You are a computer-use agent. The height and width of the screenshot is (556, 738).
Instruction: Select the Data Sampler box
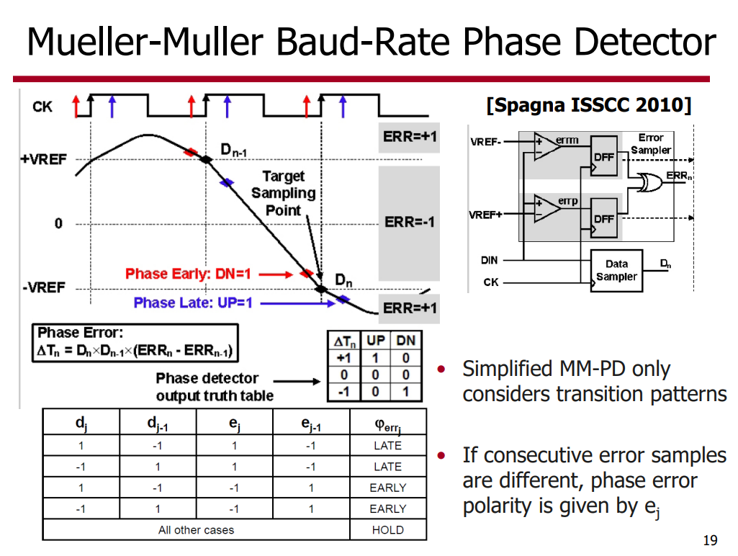click(616, 271)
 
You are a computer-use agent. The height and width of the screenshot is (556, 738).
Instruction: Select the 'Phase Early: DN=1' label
click(188, 274)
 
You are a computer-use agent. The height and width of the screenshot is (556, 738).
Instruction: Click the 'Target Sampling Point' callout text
click(284, 193)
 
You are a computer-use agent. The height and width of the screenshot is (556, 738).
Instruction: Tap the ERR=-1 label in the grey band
click(409, 222)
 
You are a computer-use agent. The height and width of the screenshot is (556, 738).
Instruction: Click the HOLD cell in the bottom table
click(388, 530)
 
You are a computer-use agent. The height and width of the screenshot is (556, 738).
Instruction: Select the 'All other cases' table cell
click(196, 530)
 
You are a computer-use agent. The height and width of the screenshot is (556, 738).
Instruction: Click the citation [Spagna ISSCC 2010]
click(589, 106)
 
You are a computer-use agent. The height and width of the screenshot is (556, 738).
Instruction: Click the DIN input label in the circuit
click(490, 260)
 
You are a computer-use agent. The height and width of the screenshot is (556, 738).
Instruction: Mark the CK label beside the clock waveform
click(42, 107)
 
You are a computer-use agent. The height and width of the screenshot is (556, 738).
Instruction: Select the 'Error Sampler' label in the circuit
click(651, 143)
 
